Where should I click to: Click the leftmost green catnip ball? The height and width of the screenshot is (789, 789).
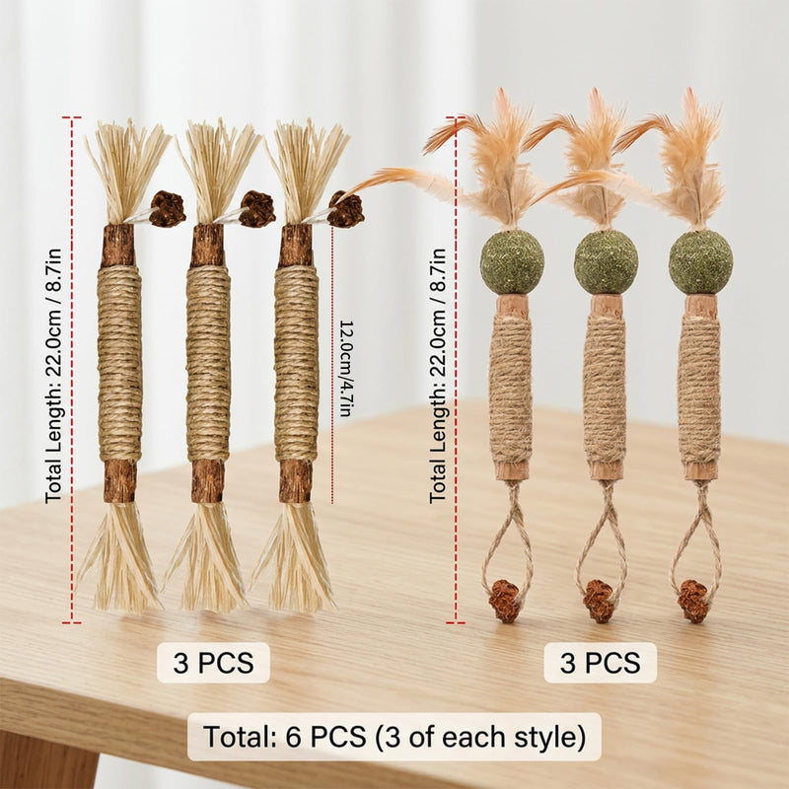point(511,262)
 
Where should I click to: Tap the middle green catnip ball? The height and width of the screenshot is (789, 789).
point(606,262)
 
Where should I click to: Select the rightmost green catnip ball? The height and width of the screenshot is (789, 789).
point(700,262)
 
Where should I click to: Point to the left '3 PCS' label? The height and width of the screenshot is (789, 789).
point(213,663)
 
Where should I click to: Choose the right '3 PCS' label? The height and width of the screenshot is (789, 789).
point(601,663)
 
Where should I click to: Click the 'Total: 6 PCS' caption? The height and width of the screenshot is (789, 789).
point(394,737)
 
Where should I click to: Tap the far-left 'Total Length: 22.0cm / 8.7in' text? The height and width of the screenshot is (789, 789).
point(53,376)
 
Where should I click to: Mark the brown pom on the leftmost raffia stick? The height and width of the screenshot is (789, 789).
point(168,209)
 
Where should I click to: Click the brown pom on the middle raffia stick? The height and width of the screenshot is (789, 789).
point(257,209)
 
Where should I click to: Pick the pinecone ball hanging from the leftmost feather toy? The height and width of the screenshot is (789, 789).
point(505,601)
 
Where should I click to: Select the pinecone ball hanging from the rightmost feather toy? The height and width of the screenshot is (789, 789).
point(693,601)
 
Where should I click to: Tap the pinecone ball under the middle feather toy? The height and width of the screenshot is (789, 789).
point(600,601)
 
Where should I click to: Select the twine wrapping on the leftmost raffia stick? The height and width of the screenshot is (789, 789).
point(119,364)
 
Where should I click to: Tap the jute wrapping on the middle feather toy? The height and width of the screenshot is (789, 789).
point(605,390)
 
